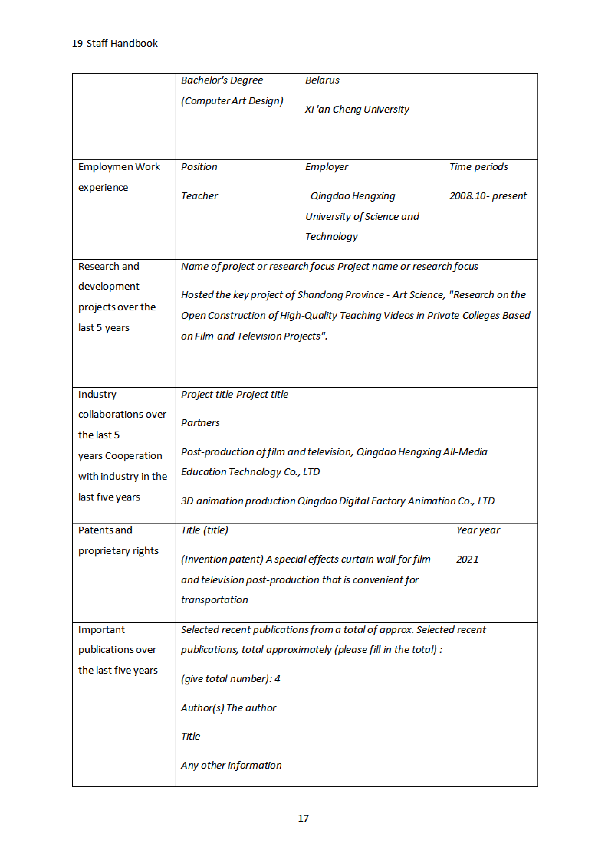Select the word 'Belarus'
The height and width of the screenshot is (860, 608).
point(322,80)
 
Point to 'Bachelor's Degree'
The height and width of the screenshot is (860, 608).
point(222,80)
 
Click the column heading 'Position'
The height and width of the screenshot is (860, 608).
point(199,167)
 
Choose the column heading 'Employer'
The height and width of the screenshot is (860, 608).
point(326,167)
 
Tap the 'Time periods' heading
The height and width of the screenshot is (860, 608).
point(478,167)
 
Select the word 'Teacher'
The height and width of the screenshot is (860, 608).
point(199,196)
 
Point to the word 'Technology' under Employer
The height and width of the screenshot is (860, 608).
point(331,236)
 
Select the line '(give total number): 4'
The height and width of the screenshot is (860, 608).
point(230,679)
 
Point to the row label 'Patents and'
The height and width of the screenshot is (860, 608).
point(105,530)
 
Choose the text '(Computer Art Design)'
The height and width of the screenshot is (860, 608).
point(232,101)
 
